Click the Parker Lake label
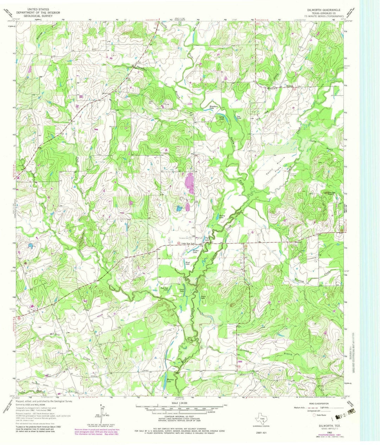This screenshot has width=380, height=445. (x=196, y=252)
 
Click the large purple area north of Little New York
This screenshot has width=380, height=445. (x=190, y=183)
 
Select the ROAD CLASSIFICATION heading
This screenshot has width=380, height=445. (x=319, y=403)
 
